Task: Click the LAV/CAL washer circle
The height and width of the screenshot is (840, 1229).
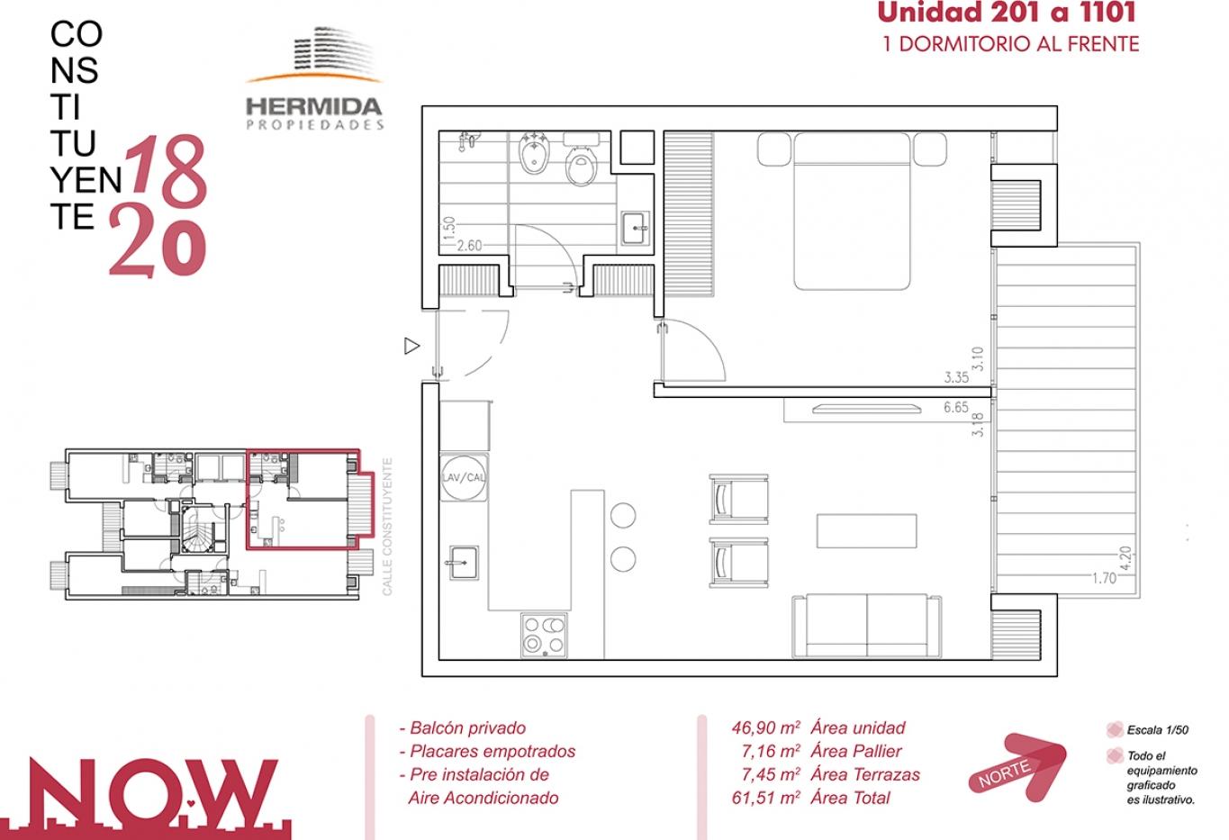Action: (464, 477)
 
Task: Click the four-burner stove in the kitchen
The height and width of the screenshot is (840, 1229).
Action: (544, 636)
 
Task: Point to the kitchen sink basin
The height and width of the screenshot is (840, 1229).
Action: (464, 563)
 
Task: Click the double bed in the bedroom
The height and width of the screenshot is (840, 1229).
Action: (852, 211)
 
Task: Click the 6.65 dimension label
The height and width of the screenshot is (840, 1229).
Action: (956, 407)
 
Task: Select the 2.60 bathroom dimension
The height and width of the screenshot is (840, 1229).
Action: (470, 245)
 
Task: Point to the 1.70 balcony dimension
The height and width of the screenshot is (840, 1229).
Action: (1104, 578)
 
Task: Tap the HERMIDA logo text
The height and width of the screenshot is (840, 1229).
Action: (314, 106)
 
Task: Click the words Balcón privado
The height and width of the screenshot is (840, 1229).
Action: (467, 728)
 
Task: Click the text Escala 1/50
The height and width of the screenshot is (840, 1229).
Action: (1158, 730)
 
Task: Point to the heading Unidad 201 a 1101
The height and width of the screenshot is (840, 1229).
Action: (1007, 13)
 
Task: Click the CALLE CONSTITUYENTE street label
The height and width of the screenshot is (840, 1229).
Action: (387, 527)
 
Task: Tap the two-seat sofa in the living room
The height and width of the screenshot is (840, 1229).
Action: (867, 626)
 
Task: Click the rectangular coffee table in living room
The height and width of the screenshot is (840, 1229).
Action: (866, 530)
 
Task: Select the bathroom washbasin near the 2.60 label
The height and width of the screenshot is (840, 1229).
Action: (636, 228)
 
